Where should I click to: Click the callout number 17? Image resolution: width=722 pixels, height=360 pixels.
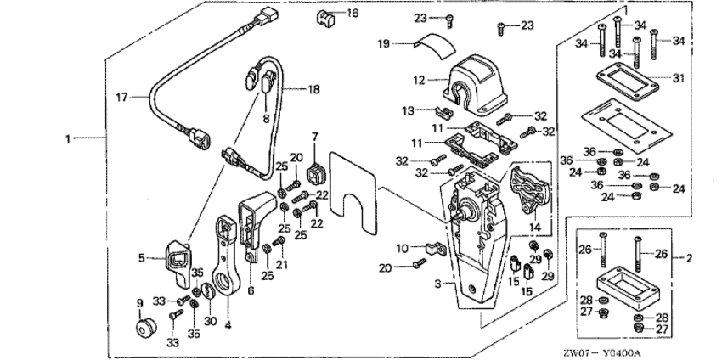point(121,98)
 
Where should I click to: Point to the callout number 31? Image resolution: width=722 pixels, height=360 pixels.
point(677,78)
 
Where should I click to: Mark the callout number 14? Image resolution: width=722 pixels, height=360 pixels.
point(533,228)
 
